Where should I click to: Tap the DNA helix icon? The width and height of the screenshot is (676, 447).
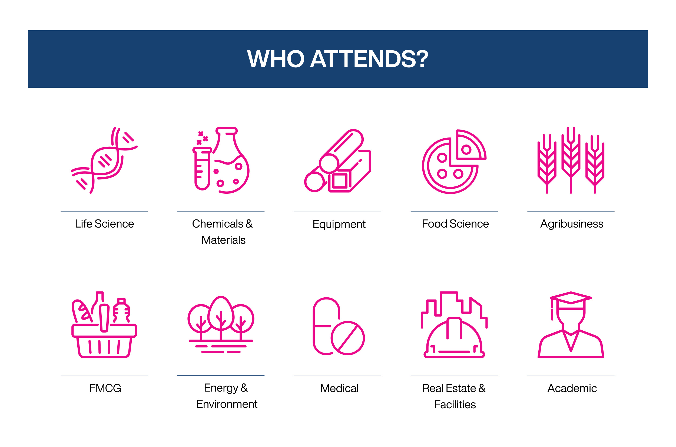point(104,160)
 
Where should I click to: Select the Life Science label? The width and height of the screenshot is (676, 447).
point(104,224)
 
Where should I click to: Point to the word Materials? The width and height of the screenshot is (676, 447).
point(223,240)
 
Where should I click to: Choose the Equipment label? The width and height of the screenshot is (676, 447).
point(339,224)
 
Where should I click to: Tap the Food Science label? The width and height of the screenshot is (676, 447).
point(455,224)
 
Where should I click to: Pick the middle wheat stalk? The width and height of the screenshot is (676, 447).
point(571,160)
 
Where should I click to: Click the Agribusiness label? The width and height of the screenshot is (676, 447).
point(571,224)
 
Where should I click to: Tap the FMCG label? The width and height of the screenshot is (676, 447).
point(105,388)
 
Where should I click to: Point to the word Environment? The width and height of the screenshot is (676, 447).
point(227,404)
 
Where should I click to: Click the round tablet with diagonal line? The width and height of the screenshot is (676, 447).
point(347,338)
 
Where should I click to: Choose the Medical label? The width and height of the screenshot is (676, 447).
point(339,388)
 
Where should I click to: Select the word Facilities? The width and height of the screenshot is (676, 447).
point(455,405)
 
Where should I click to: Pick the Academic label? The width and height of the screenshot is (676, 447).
point(572,388)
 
